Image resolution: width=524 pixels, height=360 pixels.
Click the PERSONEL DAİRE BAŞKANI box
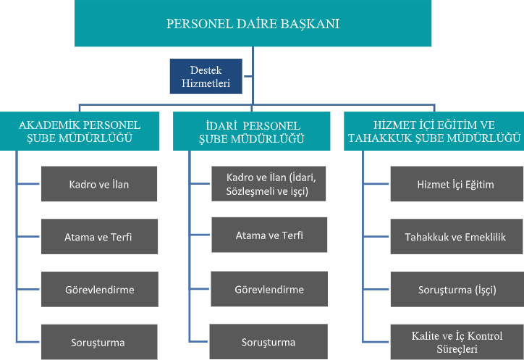253,23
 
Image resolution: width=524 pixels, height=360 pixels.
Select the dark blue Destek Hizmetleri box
206,76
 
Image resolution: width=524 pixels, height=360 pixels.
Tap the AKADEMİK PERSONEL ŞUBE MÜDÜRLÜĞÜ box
80,131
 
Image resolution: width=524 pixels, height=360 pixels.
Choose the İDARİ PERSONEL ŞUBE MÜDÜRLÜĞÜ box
252,131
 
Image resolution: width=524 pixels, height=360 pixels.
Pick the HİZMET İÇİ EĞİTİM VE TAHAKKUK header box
434,131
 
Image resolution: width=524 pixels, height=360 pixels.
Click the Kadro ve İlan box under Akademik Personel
99,184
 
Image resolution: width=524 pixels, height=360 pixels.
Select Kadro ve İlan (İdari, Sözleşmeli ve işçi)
269,184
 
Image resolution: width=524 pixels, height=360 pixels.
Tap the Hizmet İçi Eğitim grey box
457,184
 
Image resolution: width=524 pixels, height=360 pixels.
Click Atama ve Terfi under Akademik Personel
99,237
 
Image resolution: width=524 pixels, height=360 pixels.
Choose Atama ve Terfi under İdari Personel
269,235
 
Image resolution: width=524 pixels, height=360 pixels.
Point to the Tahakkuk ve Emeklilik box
457,237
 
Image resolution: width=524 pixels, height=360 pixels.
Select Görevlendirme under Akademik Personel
100,290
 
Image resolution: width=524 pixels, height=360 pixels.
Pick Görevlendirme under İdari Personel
269,289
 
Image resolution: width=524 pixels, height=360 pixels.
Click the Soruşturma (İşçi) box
457,290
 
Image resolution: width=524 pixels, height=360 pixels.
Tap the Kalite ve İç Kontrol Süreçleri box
457,342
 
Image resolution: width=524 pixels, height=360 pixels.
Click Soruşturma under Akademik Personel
99,342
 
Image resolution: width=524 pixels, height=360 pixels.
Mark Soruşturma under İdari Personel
269,342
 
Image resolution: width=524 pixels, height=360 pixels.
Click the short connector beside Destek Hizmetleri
248,76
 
